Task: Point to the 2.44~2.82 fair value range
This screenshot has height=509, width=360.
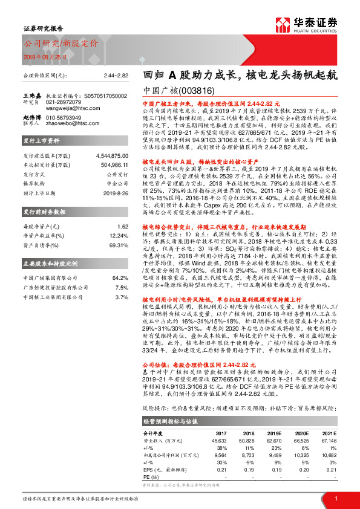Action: click(117, 74)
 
